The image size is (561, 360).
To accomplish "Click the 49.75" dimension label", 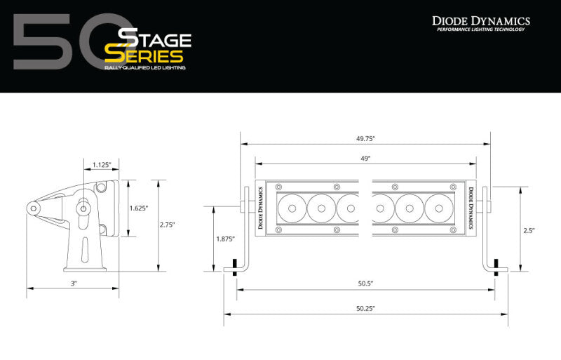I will pyautogui.click(x=365, y=138).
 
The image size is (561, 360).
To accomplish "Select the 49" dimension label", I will pyautogui.click(x=365, y=159).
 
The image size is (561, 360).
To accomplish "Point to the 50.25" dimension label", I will pyautogui.click(x=365, y=308).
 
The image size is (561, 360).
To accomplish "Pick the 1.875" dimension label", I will pyautogui.click(x=224, y=239).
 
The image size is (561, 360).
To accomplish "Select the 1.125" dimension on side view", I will pyautogui.click(x=102, y=166).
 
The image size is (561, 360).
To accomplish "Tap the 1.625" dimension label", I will pyautogui.click(x=139, y=208).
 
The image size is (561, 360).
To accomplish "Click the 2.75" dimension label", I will pyautogui.click(x=167, y=225).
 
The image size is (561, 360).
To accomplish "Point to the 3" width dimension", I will pyautogui.click(x=73, y=283).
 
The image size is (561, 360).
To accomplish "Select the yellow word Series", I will pyautogui.click(x=144, y=55).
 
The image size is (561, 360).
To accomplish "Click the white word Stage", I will pyautogui.click(x=149, y=36).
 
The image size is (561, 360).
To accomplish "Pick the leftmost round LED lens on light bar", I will pyautogui.click(x=291, y=208).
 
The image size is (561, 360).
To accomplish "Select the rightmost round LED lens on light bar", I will pyautogui.click(x=437, y=208).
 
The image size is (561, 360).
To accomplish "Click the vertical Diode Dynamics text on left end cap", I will pyautogui.click(x=260, y=208).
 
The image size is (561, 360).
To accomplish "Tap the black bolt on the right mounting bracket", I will pyautogui.click(x=497, y=267).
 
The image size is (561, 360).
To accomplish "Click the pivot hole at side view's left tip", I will pyautogui.click(x=33, y=208).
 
